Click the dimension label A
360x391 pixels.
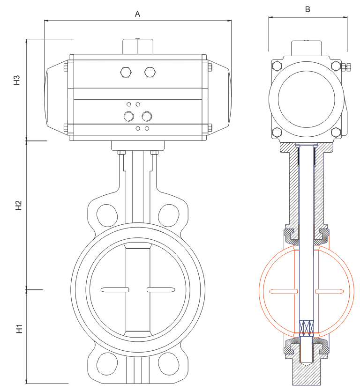click(138, 14)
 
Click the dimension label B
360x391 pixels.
click(307, 9)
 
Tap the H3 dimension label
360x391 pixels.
click(17, 80)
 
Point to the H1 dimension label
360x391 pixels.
click(19, 328)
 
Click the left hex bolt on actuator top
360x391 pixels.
click(126, 72)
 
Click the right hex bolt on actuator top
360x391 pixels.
click(150, 72)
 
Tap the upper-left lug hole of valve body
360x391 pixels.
click(107, 214)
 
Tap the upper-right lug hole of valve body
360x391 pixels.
click(168, 214)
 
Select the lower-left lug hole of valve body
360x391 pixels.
click(107, 362)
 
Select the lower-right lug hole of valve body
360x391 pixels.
click(168, 362)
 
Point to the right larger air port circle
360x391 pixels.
click(147, 116)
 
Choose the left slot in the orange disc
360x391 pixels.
click(283, 292)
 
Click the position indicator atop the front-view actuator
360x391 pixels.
click(138, 46)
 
